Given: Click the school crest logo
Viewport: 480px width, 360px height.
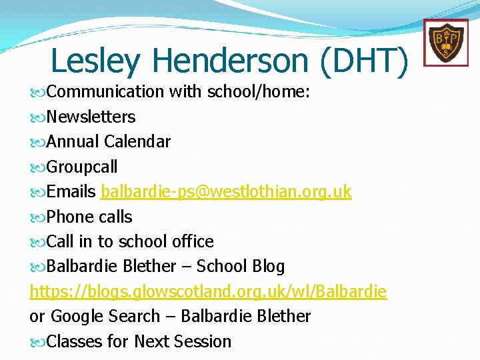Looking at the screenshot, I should coord(441,42).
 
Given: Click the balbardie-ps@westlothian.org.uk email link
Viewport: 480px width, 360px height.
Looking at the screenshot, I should coord(226,192).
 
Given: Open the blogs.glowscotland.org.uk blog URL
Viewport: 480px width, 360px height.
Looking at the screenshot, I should coord(208,291).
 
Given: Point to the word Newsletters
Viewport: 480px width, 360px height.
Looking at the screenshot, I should coord(91,117).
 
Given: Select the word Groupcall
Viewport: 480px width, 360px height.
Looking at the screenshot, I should coord(83,167).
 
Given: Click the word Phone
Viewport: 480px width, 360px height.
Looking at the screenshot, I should coord(70,217).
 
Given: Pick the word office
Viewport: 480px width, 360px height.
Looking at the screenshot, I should coord(193,241).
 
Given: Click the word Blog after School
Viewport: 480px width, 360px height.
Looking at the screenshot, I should coord(268,267).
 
